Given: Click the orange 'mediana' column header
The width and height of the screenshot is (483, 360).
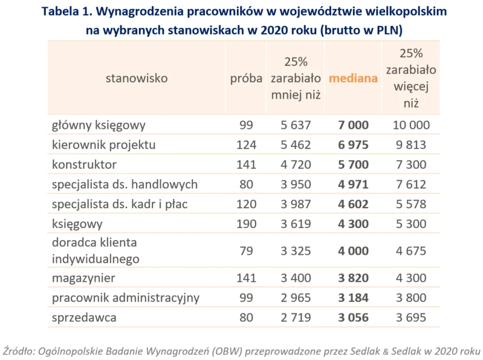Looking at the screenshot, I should pos(353,79).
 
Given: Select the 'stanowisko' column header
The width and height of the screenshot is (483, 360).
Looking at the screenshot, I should pos(137,78).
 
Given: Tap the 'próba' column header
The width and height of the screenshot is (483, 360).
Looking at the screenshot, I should pos(246,79).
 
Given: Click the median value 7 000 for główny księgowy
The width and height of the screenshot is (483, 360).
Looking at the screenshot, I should pos(353,125).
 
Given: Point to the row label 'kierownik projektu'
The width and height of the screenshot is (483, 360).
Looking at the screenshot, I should pos(104,145).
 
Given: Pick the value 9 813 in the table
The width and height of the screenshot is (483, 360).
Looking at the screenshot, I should pos(411,145).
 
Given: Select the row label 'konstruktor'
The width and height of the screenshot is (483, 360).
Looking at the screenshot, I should pos(84,165).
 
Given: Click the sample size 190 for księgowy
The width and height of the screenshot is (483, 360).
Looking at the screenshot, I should pos(246,224).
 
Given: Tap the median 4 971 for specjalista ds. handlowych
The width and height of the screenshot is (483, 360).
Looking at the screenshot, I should pos(353,185).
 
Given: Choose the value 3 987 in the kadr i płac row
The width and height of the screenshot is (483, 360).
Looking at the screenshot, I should pos(296,204).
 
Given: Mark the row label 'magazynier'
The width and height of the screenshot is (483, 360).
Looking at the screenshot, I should pos(84,278).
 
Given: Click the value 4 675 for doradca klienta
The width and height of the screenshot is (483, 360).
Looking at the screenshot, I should pos(411,251).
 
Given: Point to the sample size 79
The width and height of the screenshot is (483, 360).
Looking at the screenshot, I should pos(246,251).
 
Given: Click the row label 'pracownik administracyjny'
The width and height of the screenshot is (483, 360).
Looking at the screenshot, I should pos(126,298).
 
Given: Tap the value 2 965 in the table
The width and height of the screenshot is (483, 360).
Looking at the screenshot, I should pos(296,298).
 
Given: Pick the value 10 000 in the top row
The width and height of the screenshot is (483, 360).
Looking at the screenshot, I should pos(411,125).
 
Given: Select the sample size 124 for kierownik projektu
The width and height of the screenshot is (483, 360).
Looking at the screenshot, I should pos(246,145).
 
